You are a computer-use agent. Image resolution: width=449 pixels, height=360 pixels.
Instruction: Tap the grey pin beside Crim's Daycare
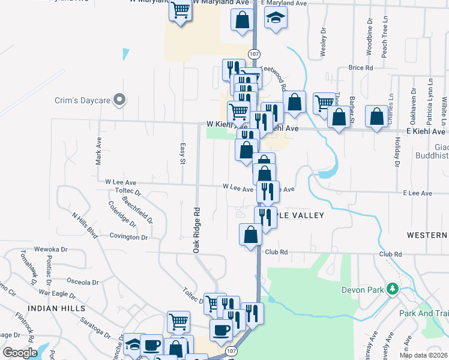119,100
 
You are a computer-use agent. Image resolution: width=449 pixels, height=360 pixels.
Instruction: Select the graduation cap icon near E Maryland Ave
276,18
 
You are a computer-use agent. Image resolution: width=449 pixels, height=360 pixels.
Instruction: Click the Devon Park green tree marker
393,290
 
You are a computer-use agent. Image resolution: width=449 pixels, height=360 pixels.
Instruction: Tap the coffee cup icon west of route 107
221,329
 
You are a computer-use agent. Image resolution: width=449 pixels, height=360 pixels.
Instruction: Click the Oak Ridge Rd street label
196,230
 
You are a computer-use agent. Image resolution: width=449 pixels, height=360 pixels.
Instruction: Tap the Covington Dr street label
128,238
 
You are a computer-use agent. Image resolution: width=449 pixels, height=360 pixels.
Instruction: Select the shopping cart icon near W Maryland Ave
180,11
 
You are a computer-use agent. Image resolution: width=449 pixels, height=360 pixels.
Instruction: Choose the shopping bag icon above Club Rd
250,234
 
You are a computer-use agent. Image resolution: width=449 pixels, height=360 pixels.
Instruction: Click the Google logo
20,352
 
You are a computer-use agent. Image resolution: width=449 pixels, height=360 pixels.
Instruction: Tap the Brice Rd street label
361,68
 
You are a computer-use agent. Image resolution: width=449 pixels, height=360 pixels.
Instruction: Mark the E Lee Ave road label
417,193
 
